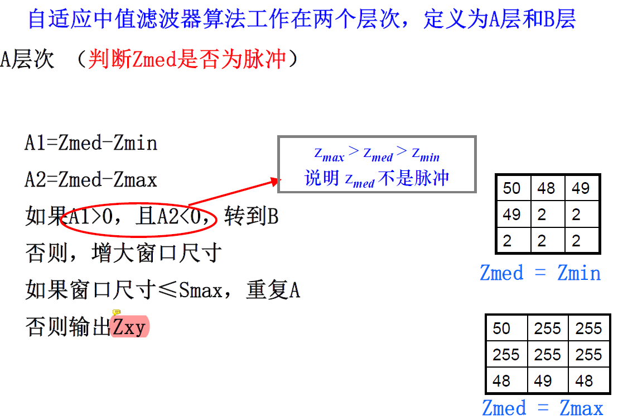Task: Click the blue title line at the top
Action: coord(301,20)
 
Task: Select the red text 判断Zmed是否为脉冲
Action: coord(187,59)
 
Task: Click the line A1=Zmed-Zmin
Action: coord(91,144)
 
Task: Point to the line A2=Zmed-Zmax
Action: coord(91,180)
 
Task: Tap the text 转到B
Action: coord(251,217)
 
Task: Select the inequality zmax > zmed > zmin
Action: coord(376,154)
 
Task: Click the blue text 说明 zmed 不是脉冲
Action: coord(376,179)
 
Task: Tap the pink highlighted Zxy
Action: coord(130,327)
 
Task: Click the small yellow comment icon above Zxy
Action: coord(117,313)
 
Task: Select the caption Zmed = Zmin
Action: coord(540,273)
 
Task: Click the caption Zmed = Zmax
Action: coord(542,408)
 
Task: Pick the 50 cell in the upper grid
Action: coord(511,188)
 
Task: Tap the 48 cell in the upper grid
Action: coord(546,188)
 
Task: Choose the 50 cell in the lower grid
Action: coord(501,328)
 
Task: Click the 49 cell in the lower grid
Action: coord(543,381)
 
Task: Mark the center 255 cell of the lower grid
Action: coord(547,355)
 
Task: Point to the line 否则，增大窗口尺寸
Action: coord(124,253)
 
